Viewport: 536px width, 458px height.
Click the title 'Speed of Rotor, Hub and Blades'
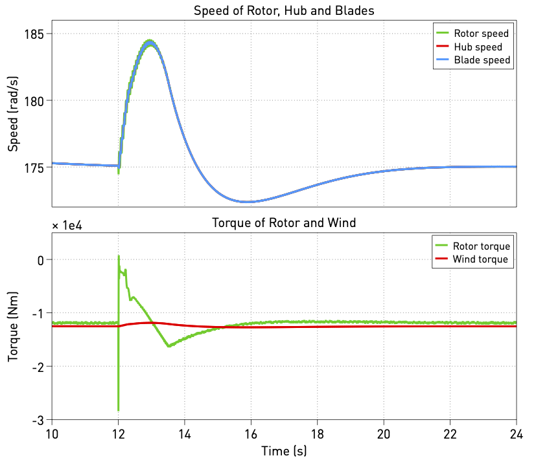click(x=284, y=11)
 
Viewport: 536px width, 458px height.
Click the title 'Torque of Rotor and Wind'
click(x=284, y=223)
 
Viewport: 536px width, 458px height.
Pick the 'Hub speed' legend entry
click(x=478, y=47)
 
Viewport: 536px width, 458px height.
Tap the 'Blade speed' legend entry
click(x=482, y=60)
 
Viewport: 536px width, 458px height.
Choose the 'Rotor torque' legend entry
click(x=482, y=246)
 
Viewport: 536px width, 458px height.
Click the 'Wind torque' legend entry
click(x=482, y=259)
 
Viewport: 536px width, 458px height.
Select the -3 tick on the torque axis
click(x=40, y=420)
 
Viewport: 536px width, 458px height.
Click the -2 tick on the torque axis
click(x=40, y=367)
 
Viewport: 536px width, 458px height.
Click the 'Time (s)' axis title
click(x=284, y=449)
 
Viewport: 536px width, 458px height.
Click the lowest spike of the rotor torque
click(x=118, y=409)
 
